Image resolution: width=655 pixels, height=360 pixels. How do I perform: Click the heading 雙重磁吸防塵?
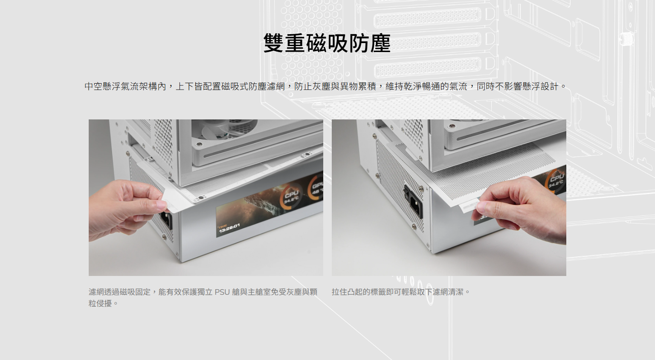[327, 43]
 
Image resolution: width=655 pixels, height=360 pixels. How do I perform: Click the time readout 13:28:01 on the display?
[229, 228]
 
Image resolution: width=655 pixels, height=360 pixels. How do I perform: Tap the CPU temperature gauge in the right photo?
[556, 180]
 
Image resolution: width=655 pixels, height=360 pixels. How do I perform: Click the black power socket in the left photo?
[166, 220]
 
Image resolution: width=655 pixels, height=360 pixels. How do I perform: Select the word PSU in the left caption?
[222, 292]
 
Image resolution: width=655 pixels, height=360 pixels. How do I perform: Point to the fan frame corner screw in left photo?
[200, 144]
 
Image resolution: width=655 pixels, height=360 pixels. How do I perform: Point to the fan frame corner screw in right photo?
[452, 126]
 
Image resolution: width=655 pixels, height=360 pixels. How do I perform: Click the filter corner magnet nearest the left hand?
[200, 198]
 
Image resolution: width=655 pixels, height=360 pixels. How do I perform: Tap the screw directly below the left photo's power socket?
[164, 237]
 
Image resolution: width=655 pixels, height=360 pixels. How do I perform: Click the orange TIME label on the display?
[222, 226]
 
